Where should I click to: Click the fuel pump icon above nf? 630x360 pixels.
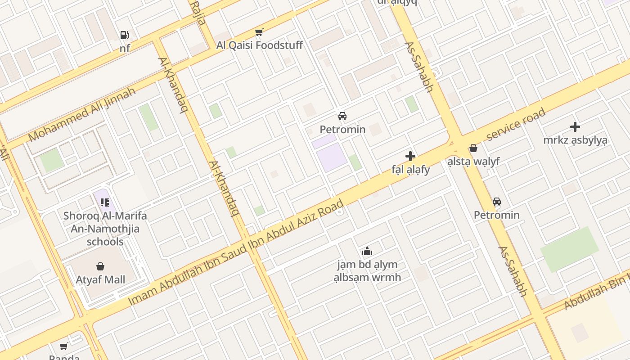124,35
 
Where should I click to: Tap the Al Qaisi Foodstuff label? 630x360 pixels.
259,45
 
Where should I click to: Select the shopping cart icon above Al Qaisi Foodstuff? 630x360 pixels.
259,32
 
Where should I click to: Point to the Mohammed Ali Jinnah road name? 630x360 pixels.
82,114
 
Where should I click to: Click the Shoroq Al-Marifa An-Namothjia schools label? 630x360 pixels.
105,229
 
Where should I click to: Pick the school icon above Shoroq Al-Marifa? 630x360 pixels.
105,202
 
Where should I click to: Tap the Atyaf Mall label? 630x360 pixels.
100,279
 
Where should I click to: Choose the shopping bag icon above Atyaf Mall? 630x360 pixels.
100,266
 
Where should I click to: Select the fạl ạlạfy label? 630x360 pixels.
410,170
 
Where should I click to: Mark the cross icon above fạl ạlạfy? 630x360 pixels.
410,156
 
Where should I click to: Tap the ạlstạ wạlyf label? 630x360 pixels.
473,161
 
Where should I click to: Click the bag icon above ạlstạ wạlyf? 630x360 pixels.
473,148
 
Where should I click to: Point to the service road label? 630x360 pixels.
516,124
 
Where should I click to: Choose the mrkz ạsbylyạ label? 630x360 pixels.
575,140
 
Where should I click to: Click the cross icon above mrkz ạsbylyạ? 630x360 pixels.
575,127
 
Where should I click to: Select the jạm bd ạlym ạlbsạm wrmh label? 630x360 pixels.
367,270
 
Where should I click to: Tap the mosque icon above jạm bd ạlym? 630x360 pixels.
367,251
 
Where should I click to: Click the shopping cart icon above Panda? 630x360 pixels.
64,346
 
